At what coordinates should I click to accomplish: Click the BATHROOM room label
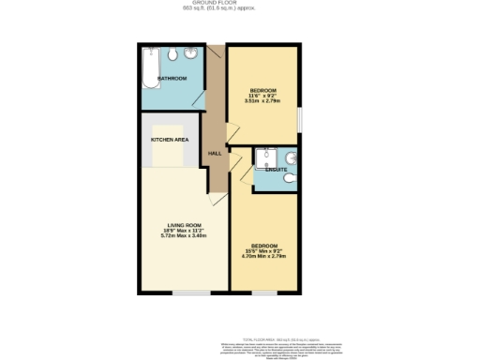(172, 78)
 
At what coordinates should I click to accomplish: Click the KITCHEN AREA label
(170, 139)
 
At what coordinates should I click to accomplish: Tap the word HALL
(215, 153)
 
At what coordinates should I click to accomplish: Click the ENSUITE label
(276, 169)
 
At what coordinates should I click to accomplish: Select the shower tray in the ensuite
(266, 157)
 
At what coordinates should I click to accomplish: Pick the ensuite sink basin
(292, 156)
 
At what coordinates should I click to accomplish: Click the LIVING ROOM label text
(184, 225)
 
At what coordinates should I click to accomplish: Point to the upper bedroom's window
(299, 118)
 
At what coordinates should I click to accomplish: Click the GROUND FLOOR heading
(240, 4)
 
